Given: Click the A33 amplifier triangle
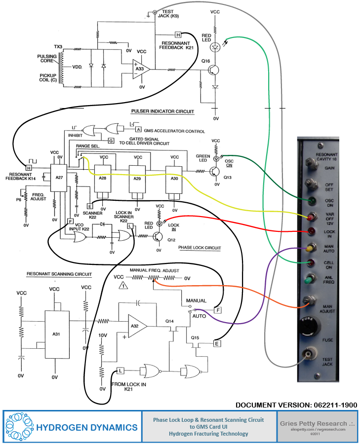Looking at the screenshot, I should (140, 69).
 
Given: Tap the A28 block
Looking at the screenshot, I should (103, 178).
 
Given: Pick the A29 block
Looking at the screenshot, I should (138, 178).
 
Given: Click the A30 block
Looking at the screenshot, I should (174, 178).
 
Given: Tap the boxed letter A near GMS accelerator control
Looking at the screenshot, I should (131, 129).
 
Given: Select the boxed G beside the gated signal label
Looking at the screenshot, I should (111, 141).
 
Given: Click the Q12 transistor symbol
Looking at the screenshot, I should (158, 237).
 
